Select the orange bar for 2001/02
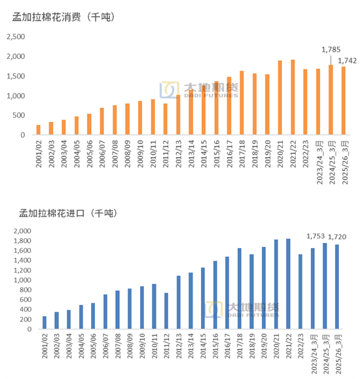(38, 130)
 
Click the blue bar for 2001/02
(45, 323)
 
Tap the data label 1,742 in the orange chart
(347, 61)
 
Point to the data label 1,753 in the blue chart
(317, 236)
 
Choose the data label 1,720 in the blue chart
(338, 238)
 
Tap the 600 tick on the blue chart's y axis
(26, 300)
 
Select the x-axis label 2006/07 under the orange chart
(101, 154)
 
